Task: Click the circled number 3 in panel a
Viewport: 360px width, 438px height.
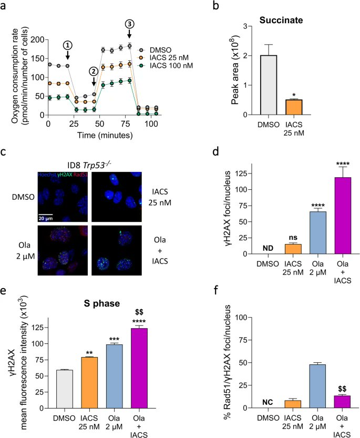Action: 129,24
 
